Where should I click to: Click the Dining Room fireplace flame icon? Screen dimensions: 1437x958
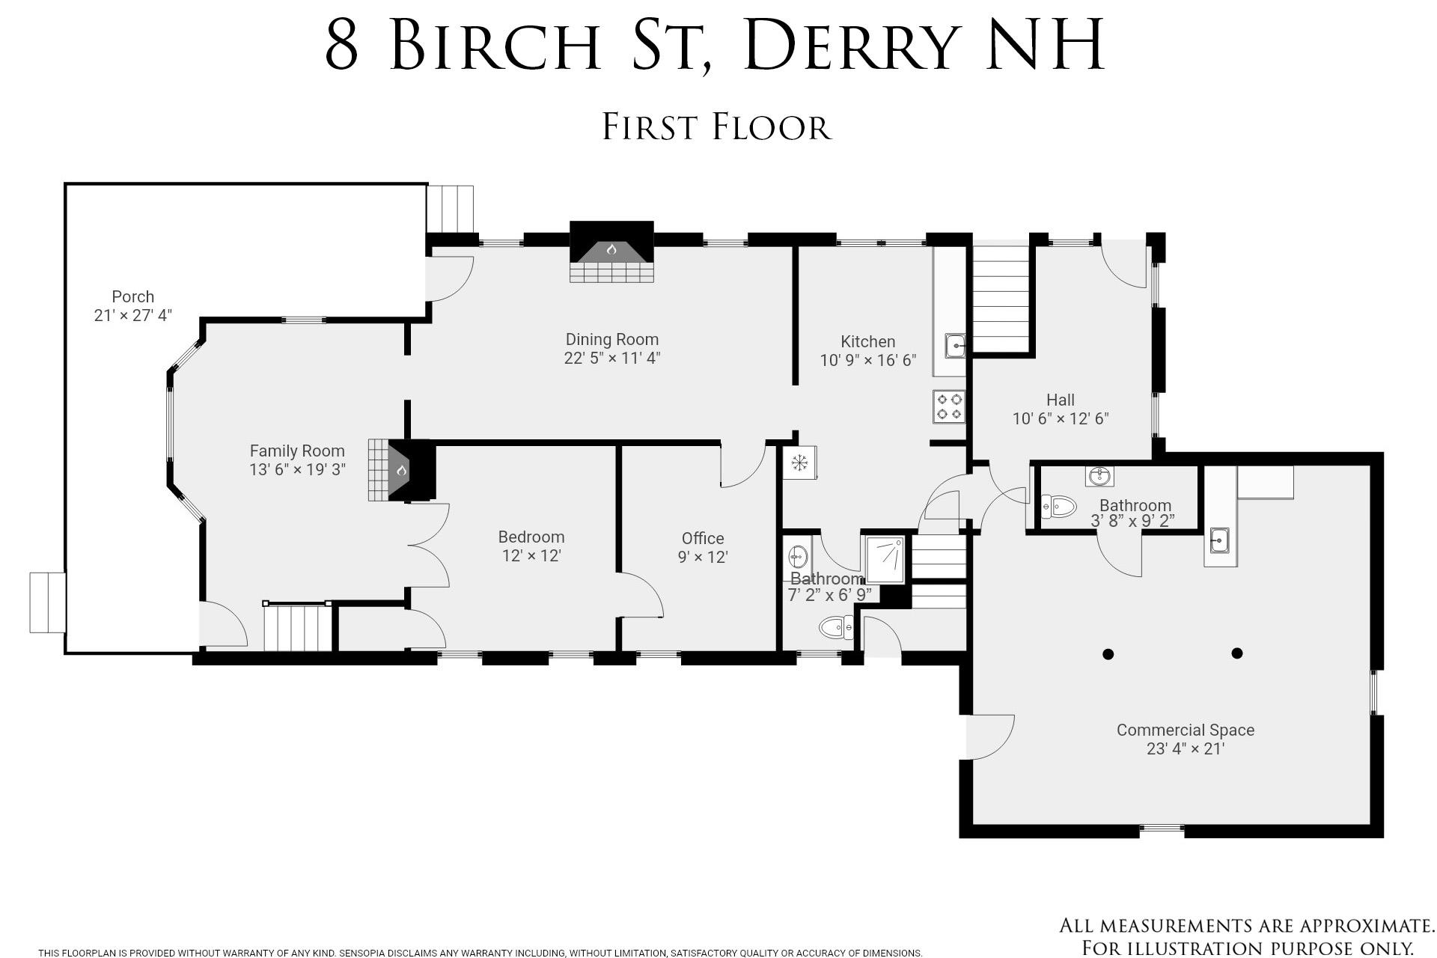pos(611,249)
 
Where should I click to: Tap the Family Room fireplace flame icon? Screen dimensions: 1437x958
pos(401,470)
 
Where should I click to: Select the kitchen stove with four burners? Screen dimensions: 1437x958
pos(949,406)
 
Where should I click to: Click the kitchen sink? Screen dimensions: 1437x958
pos(955,346)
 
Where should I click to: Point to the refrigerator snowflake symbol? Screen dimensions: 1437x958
pos(799,463)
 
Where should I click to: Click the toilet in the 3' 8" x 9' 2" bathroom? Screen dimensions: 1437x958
pos(1058,506)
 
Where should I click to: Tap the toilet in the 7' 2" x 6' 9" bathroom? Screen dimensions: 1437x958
pos(836,627)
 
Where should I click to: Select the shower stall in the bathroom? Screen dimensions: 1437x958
pos(885,559)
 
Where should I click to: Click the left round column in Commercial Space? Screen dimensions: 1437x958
pos(1108,654)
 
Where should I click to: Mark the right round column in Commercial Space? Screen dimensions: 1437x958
pos(1237,653)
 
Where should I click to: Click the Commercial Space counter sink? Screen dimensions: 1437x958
pos(1220,540)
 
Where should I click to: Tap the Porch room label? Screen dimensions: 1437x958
pos(133,296)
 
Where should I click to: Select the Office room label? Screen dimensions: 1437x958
pos(703,538)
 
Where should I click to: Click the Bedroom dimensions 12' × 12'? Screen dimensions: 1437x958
pos(531,555)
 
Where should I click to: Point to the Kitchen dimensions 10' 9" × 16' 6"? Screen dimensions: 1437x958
pos(868,360)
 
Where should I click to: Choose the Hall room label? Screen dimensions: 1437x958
pos(1061,400)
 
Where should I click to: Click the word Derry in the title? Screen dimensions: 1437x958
pos(850,44)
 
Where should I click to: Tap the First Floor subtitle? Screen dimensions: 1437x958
pos(717,127)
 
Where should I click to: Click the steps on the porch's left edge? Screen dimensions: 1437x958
pos(47,602)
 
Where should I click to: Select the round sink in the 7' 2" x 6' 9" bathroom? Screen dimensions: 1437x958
pos(798,557)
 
